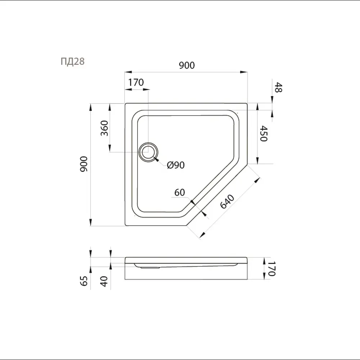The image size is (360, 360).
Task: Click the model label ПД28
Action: click(x=73, y=62)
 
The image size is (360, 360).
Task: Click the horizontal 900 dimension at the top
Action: click(x=187, y=66)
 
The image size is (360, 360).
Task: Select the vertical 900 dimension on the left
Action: click(x=84, y=164)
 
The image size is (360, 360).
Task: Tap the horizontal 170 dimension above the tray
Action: click(x=136, y=82)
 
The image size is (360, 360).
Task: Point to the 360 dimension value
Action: click(x=104, y=128)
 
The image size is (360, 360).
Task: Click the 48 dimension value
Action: click(x=278, y=87)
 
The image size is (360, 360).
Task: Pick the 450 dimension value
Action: click(x=264, y=134)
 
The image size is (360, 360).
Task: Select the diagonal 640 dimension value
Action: click(x=227, y=202)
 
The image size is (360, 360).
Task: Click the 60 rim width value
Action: click(x=180, y=192)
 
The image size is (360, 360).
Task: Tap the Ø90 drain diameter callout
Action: click(x=176, y=165)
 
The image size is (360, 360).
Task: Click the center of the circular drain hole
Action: click(x=148, y=152)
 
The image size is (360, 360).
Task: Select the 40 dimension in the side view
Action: click(x=104, y=281)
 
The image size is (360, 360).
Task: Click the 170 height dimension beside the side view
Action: click(x=271, y=269)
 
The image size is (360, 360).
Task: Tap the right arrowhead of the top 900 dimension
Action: click(x=244, y=72)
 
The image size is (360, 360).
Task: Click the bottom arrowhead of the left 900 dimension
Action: click(x=91, y=222)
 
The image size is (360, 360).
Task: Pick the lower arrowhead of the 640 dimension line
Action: click(x=202, y=235)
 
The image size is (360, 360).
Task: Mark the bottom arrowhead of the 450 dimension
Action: click(x=257, y=160)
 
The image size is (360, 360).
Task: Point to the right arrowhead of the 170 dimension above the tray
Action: click(x=146, y=89)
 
